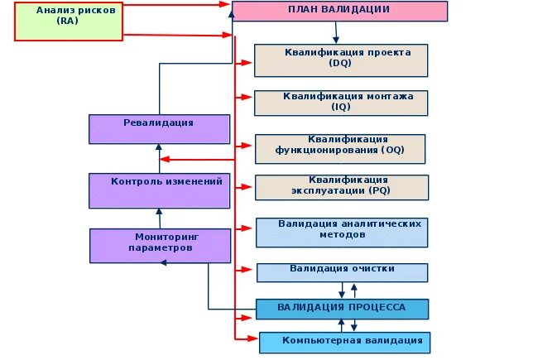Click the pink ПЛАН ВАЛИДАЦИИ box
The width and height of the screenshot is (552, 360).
click(x=339, y=11)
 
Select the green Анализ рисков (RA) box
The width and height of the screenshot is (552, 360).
click(x=70, y=22)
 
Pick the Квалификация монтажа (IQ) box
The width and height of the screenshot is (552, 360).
click(x=340, y=103)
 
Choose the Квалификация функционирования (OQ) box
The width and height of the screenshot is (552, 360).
click(x=340, y=148)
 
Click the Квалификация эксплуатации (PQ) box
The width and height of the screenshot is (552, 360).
click(x=340, y=187)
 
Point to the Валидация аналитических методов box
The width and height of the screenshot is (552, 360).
click(x=342, y=232)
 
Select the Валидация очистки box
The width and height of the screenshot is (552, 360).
click(x=342, y=271)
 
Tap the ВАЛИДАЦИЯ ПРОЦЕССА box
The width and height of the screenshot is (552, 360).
click(x=342, y=309)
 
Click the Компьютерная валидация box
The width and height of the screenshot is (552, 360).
click(x=344, y=342)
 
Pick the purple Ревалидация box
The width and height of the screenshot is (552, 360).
click(x=159, y=129)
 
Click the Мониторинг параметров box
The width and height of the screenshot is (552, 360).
click(x=159, y=245)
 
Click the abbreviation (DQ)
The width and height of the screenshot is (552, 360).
click(x=340, y=63)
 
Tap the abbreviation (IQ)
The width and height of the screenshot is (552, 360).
click(x=340, y=107)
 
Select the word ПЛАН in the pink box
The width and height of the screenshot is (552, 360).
click(x=301, y=9)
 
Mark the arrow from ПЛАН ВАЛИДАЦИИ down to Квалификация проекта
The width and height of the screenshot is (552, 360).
click(x=336, y=32)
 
